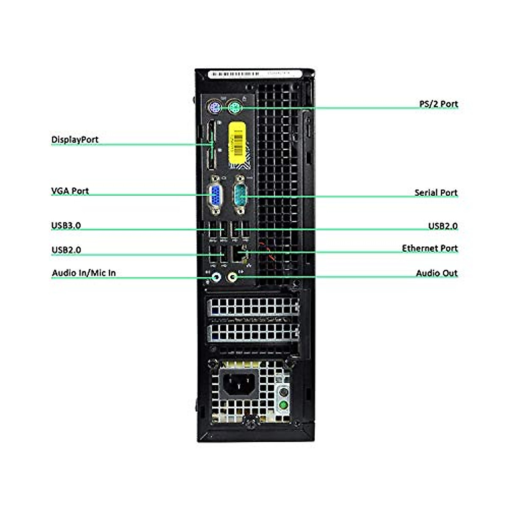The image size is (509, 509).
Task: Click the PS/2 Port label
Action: click(x=439, y=104)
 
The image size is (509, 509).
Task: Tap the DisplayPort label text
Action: click(x=75, y=140)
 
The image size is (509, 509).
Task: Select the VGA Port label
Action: click(x=70, y=191)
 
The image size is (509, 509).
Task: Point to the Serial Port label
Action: click(x=436, y=193)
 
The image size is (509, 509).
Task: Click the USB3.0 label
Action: click(x=66, y=225)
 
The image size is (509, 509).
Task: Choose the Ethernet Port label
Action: click(x=430, y=248)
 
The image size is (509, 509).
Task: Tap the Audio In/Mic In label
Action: click(x=84, y=273)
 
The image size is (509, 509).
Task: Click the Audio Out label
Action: click(x=436, y=273)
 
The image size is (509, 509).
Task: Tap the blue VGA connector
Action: click(x=215, y=196)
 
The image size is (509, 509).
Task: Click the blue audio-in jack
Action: click(x=216, y=277)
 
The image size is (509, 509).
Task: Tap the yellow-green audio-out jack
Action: click(x=232, y=277)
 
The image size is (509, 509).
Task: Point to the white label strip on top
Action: click(x=255, y=74)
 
